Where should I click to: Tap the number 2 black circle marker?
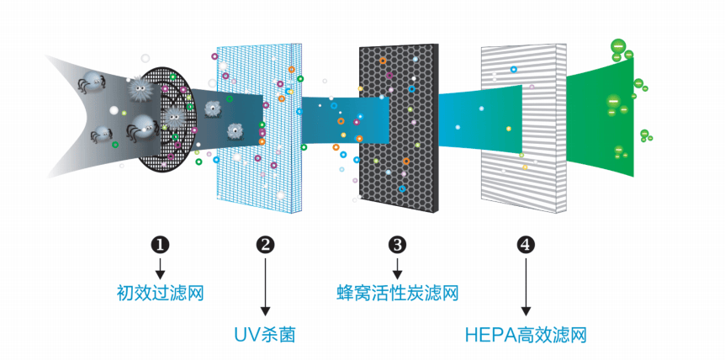[265, 245]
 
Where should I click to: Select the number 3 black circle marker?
[398, 245]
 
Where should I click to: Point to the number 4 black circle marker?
[526, 245]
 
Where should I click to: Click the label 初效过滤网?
[161, 294]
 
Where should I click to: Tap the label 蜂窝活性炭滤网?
[397, 294]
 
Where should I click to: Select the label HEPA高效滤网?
[525, 336]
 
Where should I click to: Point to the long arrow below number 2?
[265, 287]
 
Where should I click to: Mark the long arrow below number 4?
[526, 287]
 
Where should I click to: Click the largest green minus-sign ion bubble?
[617, 46]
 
